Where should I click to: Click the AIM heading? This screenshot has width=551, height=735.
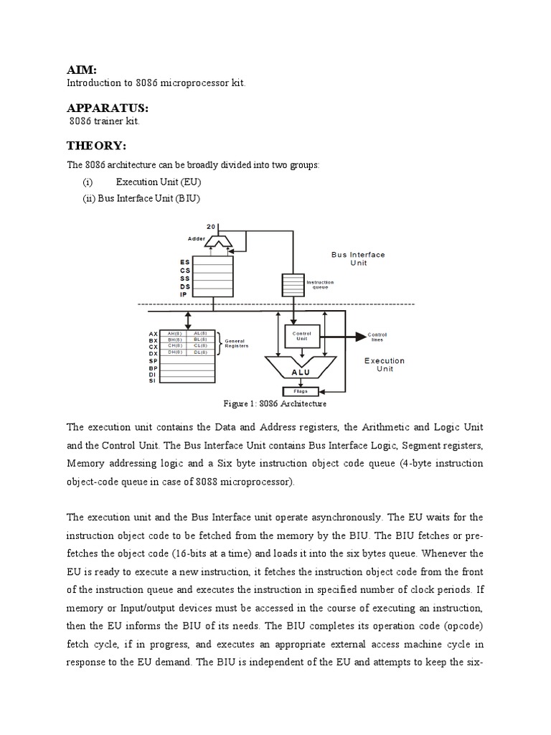pyautogui.click(x=81, y=69)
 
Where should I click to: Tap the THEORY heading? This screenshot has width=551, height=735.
pyautogui.click(x=96, y=146)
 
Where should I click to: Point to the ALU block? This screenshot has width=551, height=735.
pyautogui.click(x=300, y=372)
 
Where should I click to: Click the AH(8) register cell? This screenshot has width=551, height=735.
pyautogui.click(x=174, y=334)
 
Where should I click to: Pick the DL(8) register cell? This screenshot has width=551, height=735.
pyautogui.click(x=200, y=352)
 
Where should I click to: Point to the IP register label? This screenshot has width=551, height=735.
pyautogui.click(x=184, y=294)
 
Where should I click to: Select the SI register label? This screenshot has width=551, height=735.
pyautogui.click(x=152, y=380)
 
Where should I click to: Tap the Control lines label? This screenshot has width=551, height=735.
pyautogui.click(x=377, y=337)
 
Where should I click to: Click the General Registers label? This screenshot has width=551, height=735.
pyautogui.click(x=237, y=343)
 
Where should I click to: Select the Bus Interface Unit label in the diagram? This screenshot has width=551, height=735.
pyautogui.click(x=357, y=259)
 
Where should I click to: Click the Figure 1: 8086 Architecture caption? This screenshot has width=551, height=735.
pyautogui.click(x=276, y=404)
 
